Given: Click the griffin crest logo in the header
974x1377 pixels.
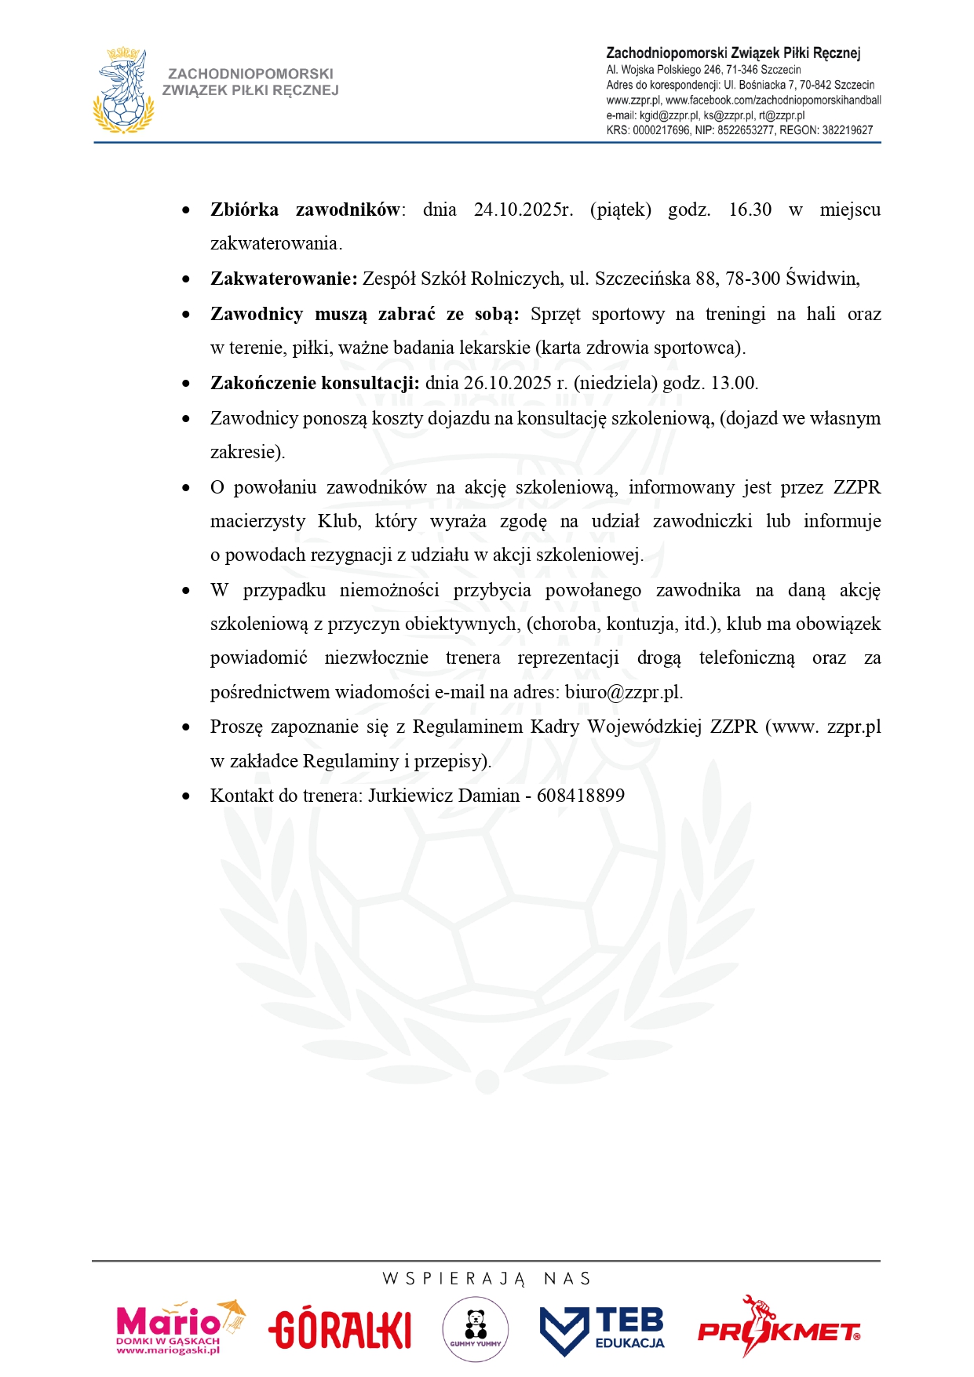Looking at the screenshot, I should [x=124, y=90].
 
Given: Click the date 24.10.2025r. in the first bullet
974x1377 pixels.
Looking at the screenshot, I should [x=523, y=209].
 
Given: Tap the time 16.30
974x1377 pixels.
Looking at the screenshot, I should [x=750, y=209].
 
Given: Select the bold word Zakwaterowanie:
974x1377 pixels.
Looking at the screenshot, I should [x=283, y=279].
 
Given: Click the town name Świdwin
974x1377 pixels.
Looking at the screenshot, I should [x=822, y=279].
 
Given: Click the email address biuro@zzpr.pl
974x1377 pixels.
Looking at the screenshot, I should [x=622, y=692].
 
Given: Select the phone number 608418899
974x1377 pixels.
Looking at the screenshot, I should [x=581, y=796].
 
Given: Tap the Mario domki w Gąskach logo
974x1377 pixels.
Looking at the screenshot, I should [x=180, y=1328].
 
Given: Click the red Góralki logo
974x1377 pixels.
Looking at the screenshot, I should [x=340, y=1329].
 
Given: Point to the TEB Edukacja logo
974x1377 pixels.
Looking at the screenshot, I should [x=602, y=1329].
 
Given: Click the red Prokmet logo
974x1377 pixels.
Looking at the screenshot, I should [x=779, y=1328].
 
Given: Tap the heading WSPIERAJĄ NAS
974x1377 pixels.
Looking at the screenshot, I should [x=487, y=1279].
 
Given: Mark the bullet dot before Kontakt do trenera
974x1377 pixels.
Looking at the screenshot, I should [x=186, y=796].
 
